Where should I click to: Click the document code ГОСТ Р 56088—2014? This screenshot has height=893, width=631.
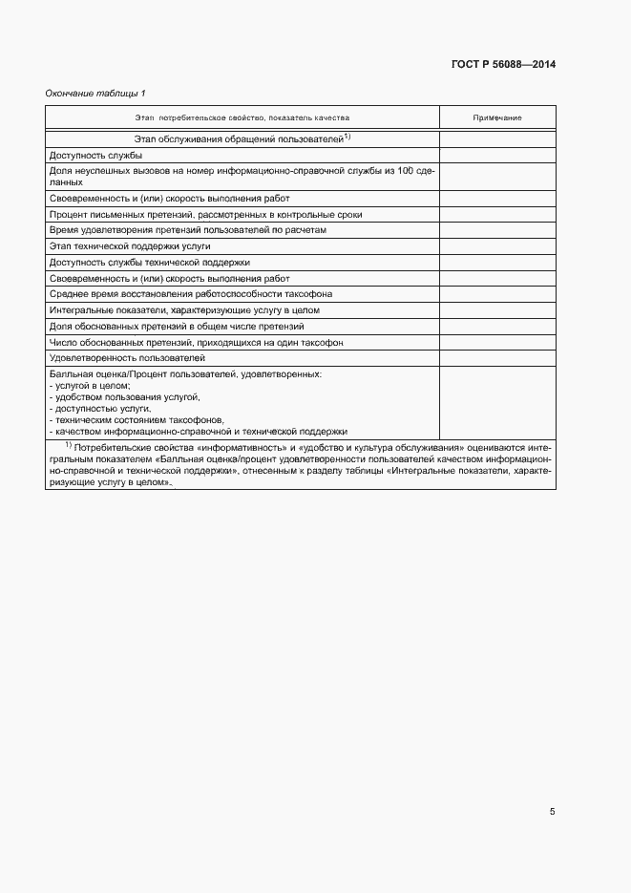point(503,64)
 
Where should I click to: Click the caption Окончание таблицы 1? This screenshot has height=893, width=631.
point(95,93)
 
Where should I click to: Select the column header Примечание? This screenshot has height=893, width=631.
point(497,117)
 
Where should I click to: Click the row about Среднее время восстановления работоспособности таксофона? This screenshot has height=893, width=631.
point(190,294)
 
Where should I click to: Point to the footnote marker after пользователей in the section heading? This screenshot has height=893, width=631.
point(348,137)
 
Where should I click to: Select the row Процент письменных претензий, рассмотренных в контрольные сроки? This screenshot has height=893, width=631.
point(205,215)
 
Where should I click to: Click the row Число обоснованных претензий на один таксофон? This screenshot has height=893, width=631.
point(196,342)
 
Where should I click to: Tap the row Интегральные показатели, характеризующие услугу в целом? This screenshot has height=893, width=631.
point(184,310)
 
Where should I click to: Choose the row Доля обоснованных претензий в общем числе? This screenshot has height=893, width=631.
point(177,326)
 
